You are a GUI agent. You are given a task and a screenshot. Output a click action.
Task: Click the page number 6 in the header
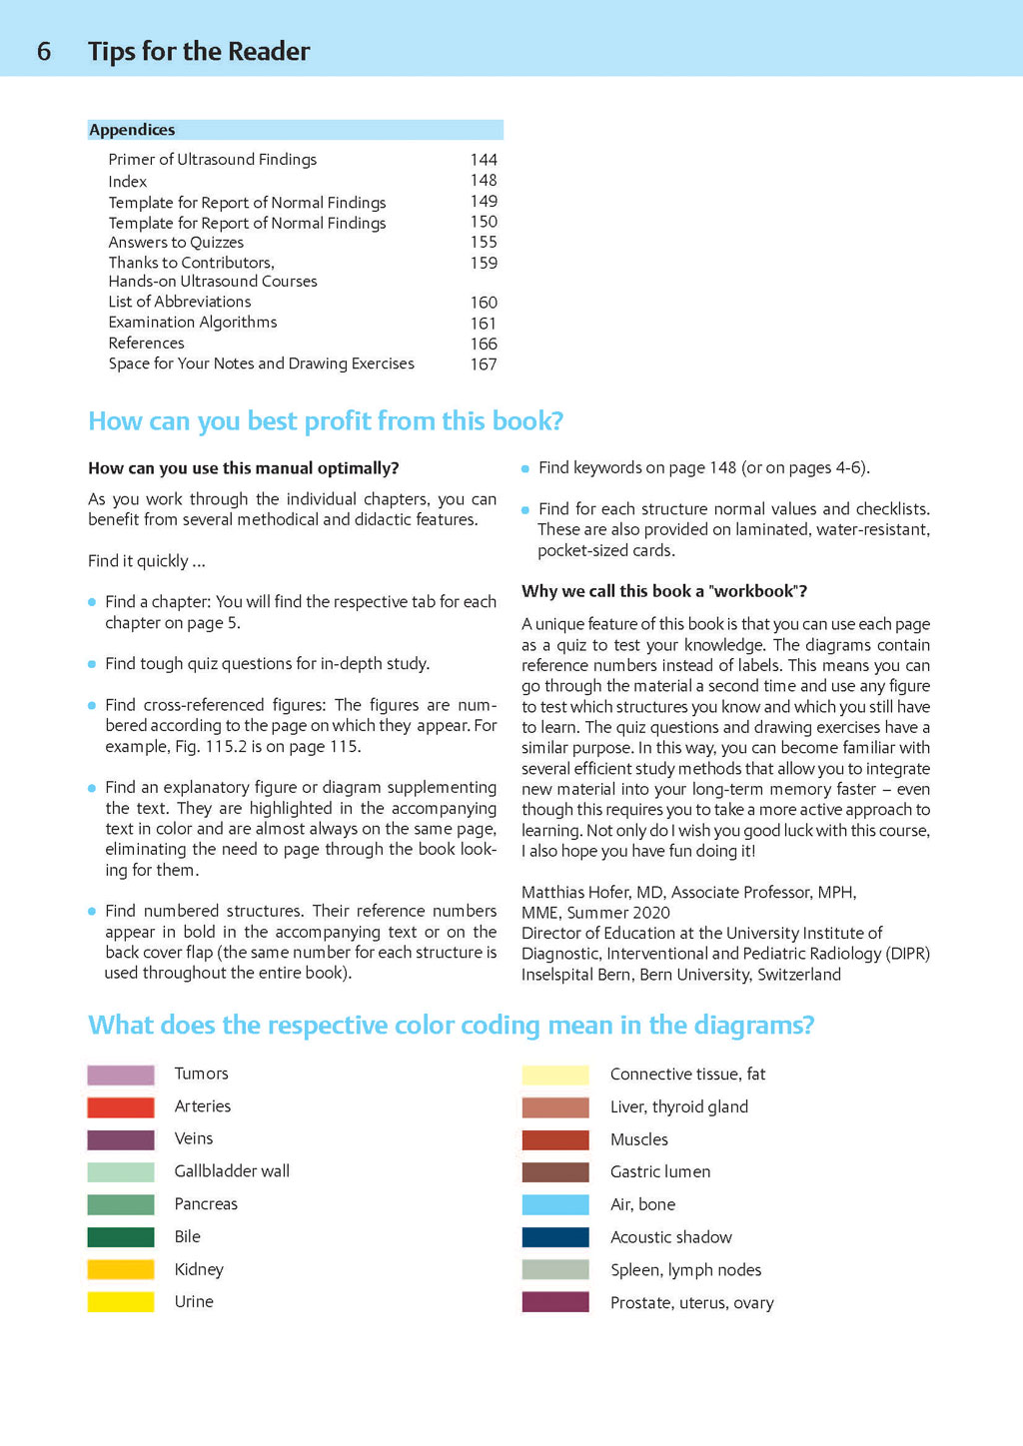(44, 51)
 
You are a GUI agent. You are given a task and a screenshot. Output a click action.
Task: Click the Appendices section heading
(132, 130)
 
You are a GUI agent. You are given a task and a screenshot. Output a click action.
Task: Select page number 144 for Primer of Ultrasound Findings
(484, 160)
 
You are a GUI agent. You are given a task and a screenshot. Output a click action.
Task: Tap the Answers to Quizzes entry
(176, 243)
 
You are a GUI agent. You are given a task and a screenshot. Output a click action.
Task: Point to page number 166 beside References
(484, 344)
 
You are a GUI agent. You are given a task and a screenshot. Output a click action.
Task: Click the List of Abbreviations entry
(180, 302)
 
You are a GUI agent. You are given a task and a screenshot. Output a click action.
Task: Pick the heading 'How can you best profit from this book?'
(326, 421)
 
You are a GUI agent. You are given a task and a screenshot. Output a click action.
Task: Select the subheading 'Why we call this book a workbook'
(664, 591)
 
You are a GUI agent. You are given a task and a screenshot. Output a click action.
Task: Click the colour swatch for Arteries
(121, 1107)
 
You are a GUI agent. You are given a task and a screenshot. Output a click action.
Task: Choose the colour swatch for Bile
(121, 1237)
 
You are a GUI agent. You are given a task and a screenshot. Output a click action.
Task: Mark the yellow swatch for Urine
(121, 1302)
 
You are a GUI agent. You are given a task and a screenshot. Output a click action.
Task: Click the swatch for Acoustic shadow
(555, 1237)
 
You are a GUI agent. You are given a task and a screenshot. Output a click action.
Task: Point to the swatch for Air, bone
(555, 1205)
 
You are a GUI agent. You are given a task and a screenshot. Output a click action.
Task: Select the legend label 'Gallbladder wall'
(232, 1171)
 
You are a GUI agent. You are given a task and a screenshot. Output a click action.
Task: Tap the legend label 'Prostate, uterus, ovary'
(691, 1303)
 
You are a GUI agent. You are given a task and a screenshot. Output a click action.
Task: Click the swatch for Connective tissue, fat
(555, 1076)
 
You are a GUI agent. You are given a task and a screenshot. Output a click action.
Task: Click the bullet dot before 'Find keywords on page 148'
(525, 468)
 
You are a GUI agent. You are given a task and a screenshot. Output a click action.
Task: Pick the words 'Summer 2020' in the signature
(618, 913)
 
